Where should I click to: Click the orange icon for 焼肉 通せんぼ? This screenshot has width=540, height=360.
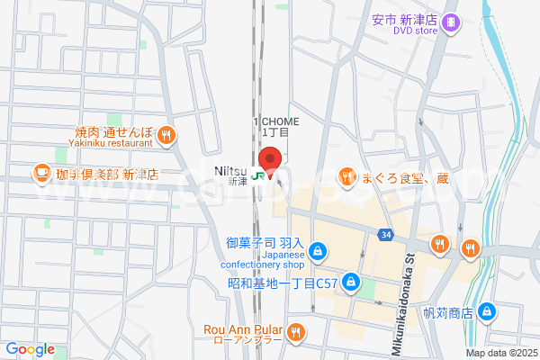point(166,137)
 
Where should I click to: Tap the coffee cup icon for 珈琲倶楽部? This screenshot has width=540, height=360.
point(41,171)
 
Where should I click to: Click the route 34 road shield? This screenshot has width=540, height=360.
point(386,235)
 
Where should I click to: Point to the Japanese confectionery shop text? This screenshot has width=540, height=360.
point(265,261)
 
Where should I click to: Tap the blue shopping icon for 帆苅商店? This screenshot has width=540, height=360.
point(487,311)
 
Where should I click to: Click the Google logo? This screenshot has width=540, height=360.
point(30,349)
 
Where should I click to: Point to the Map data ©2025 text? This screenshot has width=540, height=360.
point(499,354)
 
